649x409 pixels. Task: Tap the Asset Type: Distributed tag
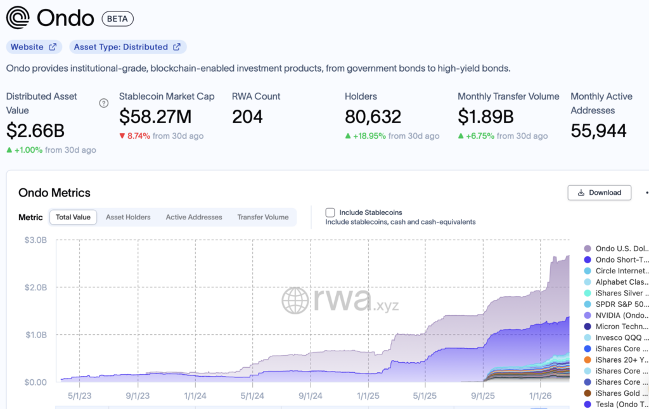[x=127, y=47]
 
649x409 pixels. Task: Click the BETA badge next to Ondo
[x=117, y=18]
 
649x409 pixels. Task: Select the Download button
[x=599, y=192]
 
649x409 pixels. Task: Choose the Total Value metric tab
[x=73, y=217]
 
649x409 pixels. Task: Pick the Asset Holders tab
[x=128, y=217]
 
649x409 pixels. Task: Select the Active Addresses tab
[x=194, y=217]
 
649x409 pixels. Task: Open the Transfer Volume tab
[x=263, y=217]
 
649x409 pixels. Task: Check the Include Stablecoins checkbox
[x=330, y=212]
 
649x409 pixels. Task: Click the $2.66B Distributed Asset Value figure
[x=35, y=131]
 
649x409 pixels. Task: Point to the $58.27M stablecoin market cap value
[x=155, y=117]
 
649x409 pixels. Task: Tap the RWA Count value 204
[x=248, y=117]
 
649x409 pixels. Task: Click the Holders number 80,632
[x=373, y=117]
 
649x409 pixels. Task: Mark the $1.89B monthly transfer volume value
[x=485, y=117]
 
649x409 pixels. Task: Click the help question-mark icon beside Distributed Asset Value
[x=104, y=103]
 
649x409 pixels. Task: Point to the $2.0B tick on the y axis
[x=36, y=287]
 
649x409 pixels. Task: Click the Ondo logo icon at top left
[x=18, y=18]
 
